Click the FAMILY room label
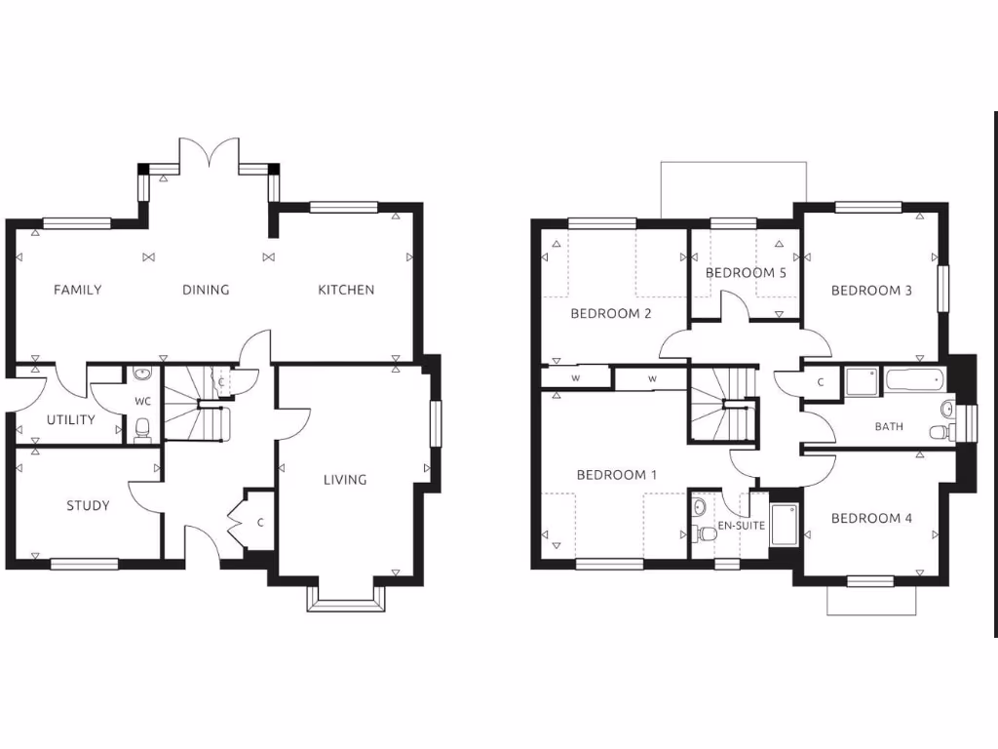tap(78, 290)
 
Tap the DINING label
tap(206, 290)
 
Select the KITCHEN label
tap(346, 290)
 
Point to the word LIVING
tap(345, 479)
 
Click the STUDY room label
tap(88, 505)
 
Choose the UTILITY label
tap(71, 420)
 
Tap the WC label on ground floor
tap(142, 401)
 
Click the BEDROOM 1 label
tap(617, 475)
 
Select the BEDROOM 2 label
tap(611, 313)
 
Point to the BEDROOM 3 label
tap(871, 290)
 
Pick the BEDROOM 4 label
tap(871, 518)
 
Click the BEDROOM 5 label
tap(746, 273)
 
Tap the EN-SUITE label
tap(742, 526)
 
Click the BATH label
tap(889, 426)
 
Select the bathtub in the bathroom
tap(913, 378)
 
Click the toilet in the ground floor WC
tap(142, 428)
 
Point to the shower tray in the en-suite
tap(784, 524)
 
